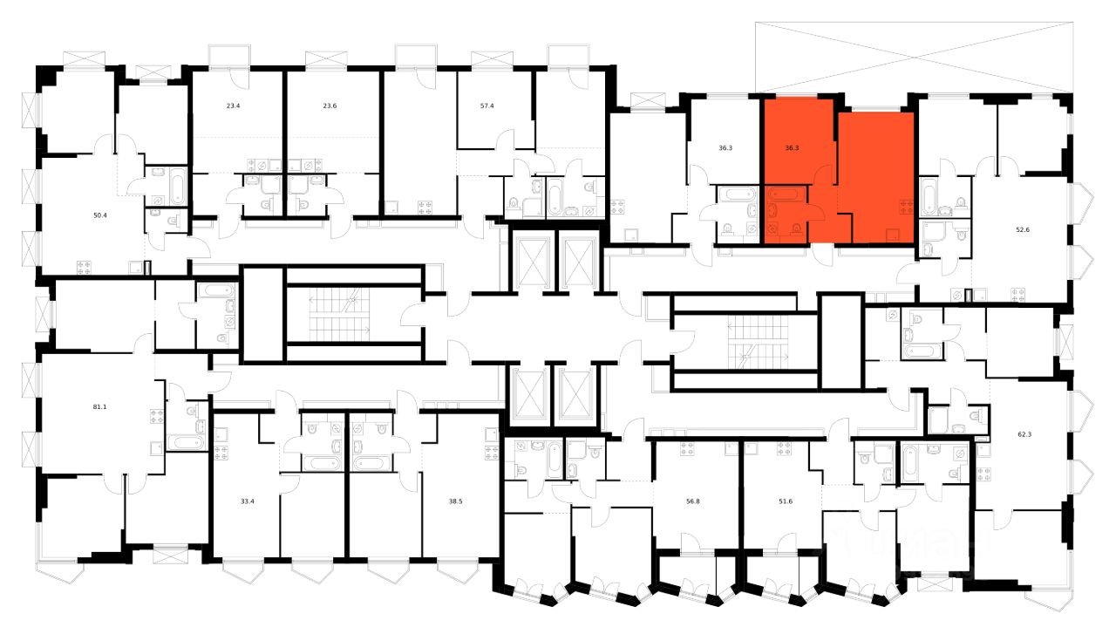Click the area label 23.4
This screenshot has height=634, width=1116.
pyautogui.click(x=233, y=106)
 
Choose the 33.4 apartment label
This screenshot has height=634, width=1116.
pyautogui.click(x=247, y=501)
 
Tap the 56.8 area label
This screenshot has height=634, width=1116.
pyautogui.click(x=694, y=501)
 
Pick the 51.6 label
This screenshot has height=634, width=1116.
pyautogui.click(x=786, y=501)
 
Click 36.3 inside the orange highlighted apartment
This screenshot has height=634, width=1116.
pyautogui.click(x=792, y=148)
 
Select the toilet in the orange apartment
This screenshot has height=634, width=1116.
pyautogui.click(x=796, y=228)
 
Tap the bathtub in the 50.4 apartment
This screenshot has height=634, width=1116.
pyautogui.click(x=177, y=187)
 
